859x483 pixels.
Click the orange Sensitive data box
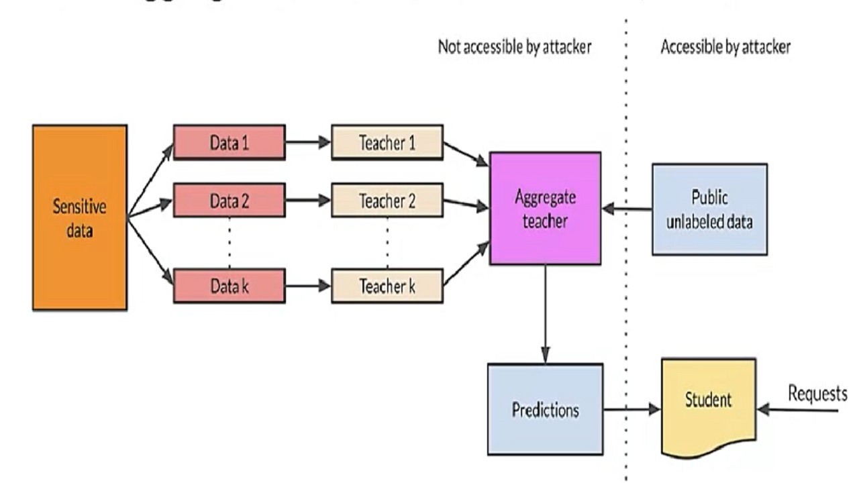pos(79,217)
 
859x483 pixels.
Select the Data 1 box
pos(229,142)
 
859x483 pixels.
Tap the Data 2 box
pos(229,200)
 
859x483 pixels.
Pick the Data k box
pos(229,286)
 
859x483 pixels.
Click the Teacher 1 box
pos(387,142)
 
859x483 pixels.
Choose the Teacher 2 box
pos(387,200)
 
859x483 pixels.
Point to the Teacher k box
pos(387,286)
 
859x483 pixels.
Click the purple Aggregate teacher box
pos(545,209)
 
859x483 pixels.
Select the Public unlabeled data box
pos(709,209)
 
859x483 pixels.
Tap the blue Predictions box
pos(545,409)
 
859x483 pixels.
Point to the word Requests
pos(817,394)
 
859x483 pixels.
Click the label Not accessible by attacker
pos(514,47)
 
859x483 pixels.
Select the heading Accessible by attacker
pos(725,47)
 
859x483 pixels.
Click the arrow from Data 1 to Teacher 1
pos(308,142)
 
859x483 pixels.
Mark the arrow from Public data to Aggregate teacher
pos(627,209)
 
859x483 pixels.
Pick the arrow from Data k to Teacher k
pos(308,286)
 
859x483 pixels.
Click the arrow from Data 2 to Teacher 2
pos(308,200)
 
